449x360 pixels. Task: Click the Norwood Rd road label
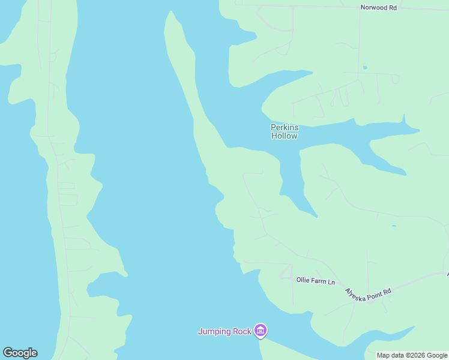[379, 8]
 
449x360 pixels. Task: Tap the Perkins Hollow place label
[285, 131]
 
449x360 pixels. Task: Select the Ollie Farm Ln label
[316, 280]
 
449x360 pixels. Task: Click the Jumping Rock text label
[225, 331]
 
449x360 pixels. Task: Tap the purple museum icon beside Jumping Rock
[260, 330]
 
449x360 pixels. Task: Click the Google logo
[20, 353]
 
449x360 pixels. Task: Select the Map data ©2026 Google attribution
[412, 356]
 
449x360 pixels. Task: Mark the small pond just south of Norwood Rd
[365, 67]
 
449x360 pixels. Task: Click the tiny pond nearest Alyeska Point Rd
[394, 226]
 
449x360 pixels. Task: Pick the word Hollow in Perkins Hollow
[285, 136]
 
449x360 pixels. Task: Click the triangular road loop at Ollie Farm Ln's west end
[286, 271]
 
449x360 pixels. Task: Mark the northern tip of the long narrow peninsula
[172, 13]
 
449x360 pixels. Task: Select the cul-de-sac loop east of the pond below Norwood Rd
[395, 79]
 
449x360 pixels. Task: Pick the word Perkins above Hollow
[285, 127]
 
